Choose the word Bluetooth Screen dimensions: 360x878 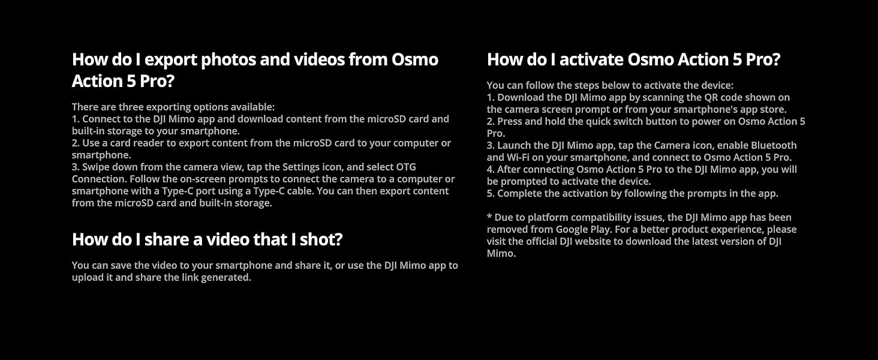[x=774, y=145]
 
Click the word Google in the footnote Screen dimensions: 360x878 [x=572, y=229]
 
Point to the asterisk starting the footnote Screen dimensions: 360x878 [x=489, y=217]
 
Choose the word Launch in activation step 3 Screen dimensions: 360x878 [x=515, y=145]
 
